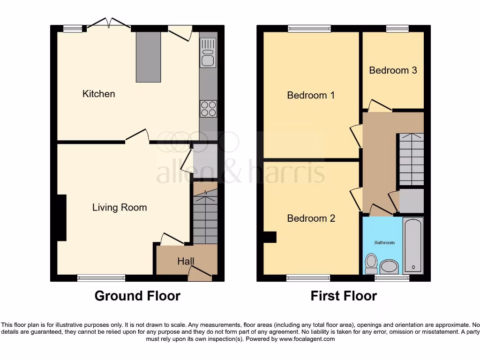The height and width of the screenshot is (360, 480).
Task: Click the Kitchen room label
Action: pyautogui.click(x=98, y=94)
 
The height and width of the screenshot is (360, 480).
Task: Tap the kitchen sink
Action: pyautogui.click(x=208, y=52)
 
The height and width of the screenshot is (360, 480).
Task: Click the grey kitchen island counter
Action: pyautogui.click(x=148, y=57)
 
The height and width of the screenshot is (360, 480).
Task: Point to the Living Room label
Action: pyautogui.click(x=119, y=207)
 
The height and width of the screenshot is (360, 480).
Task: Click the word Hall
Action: pyautogui.click(x=186, y=261)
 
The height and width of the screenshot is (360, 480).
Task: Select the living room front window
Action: pyautogui.click(x=101, y=278)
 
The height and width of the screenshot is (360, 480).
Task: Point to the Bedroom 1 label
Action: pyautogui.click(x=311, y=95)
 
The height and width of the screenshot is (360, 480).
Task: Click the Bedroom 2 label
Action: pyautogui.click(x=311, y=218)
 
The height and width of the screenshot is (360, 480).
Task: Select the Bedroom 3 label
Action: pyautogui.click(x=393, y=70)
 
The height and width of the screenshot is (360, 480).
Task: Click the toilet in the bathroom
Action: pyautogui.click(x=371, y=263)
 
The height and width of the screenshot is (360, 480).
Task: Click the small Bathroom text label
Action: pyautogui.click(x=384, y=242)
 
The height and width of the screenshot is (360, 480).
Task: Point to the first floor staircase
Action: pyautogui.click(x=411, y=159)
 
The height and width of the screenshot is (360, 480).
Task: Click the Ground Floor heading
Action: pyautogui.click(x=137, y=296)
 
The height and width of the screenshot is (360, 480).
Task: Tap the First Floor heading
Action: pyautogui.click(x=344, y=296)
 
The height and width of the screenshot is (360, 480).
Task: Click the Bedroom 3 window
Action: pyautogui.click(x=397, y=29)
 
